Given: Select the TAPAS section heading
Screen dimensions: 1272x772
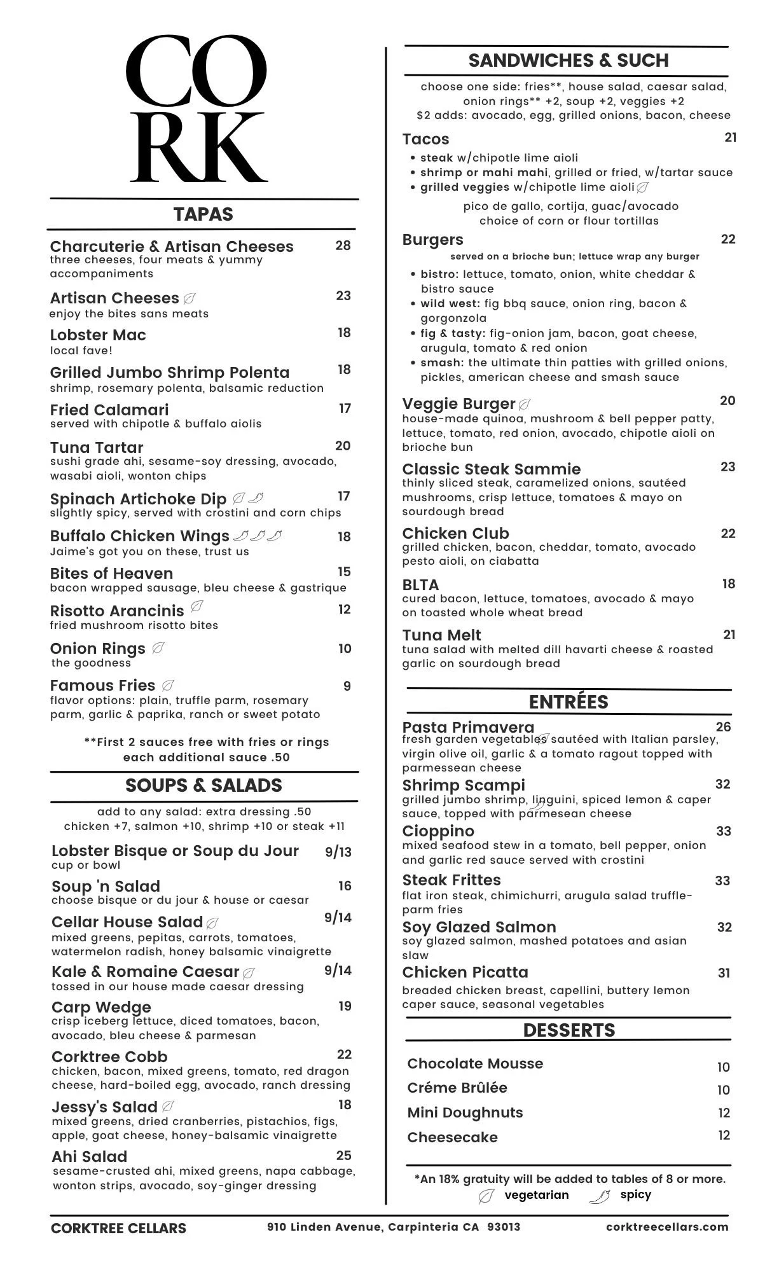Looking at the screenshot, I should (x=203, y=214).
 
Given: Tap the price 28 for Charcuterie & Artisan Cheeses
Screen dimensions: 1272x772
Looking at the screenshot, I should (x=343, y=245).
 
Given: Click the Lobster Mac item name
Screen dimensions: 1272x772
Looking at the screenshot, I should (x=98, y=335).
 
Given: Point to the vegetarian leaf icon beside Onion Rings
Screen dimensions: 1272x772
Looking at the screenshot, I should (x=159, y=649).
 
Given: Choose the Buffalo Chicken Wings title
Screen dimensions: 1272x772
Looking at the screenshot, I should (x=139, y=536).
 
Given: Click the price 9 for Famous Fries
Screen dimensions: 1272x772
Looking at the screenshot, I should (x=347, y=686).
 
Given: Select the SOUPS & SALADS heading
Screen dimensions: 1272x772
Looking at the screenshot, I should (x=203, y=785).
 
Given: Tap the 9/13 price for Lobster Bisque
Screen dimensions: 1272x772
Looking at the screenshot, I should (x=338, y=852).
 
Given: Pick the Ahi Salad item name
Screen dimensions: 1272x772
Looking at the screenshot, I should (x=90, y=1156).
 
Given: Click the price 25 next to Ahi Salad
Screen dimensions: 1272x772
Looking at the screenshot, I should (x=344, y=1155).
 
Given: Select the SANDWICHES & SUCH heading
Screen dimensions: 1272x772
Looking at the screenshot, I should (x=569, y=60).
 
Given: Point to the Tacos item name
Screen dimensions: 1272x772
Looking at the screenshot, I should (x=425, y=139).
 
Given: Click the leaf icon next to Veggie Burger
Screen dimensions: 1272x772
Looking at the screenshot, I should (x=525, y=404).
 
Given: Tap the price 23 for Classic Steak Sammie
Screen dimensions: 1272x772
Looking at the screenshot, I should (x=728, y=467).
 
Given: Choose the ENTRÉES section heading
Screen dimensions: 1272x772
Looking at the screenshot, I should (x=569, y=702).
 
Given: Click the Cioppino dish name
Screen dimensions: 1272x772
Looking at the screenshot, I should (x=438, y=831).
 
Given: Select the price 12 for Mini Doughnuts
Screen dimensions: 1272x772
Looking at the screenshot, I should (x=724, y=1112).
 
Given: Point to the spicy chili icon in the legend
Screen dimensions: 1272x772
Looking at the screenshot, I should (x=600, y=1196).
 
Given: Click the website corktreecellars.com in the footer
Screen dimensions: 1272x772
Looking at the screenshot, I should (x=667, y=1227).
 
